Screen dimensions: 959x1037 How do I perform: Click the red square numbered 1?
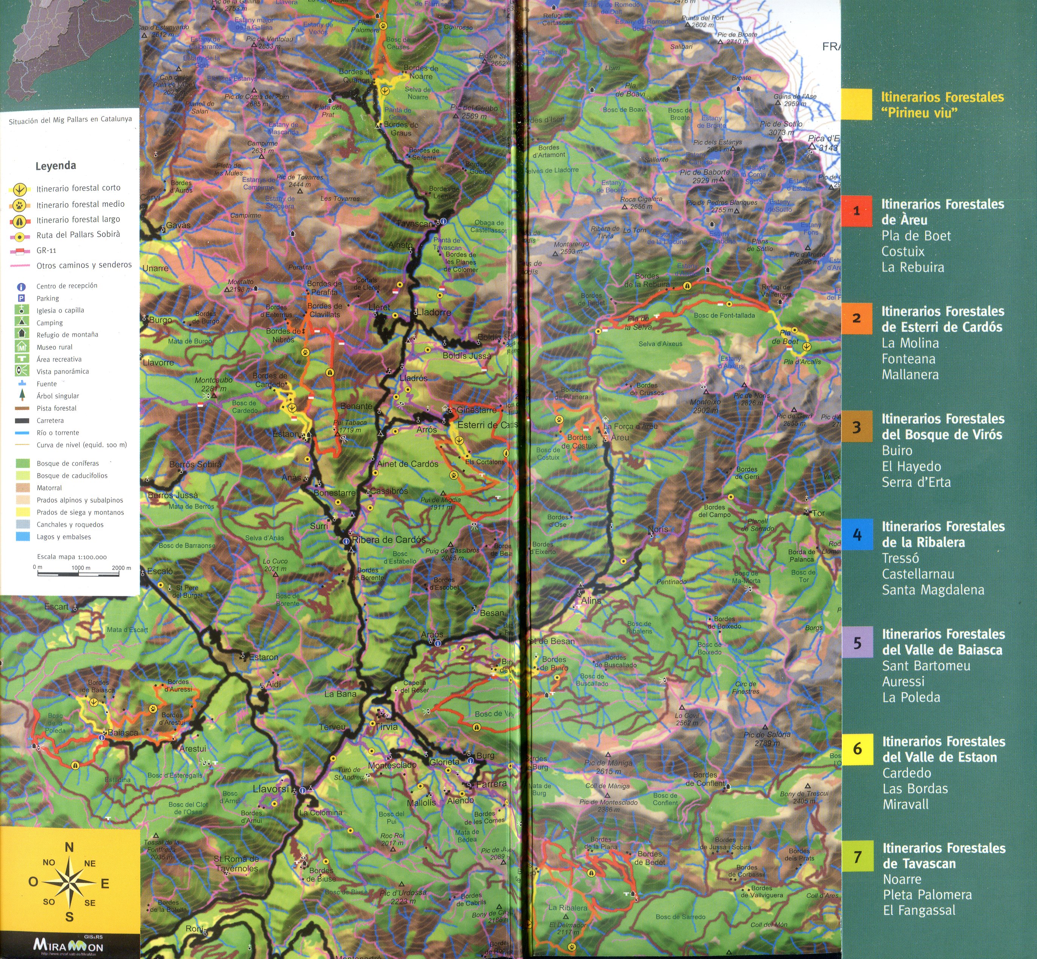point(856,211)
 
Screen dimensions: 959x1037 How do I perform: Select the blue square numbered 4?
point(857,534)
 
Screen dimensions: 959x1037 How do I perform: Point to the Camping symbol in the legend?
point(22,322)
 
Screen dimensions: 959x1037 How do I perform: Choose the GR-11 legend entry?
point(46,251)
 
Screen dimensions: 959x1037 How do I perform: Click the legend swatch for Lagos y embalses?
point(22,536)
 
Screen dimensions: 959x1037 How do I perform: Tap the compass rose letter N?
point(69,847)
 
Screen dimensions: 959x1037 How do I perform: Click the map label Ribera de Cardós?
point(388,540)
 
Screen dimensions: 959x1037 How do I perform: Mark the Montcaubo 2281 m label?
point(213,384)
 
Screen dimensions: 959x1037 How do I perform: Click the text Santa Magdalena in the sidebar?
point(933,590)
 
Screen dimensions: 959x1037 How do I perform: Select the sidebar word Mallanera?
point(910,374)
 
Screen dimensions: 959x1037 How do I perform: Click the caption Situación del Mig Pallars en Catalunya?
point(70,120)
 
